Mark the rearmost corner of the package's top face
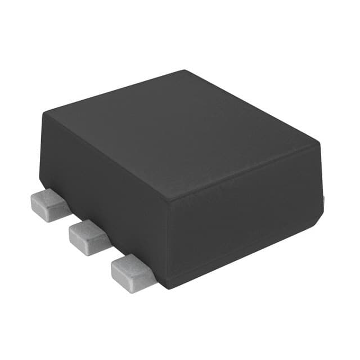coord(185,71)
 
